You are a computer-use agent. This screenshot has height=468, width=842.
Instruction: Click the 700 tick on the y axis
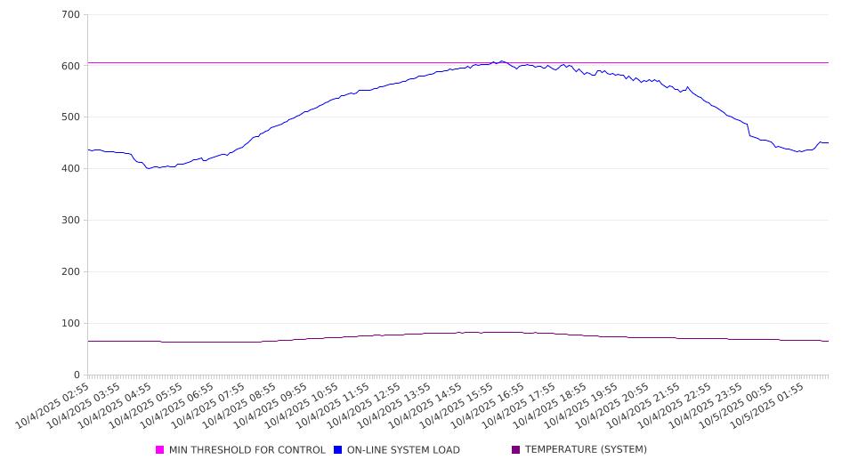pos(70,15)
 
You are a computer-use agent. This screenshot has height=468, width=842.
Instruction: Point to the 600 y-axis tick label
pos(70,66)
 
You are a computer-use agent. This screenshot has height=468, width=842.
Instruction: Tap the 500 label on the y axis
pos(70,117)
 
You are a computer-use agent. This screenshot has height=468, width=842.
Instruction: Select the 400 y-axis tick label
pos(70,169)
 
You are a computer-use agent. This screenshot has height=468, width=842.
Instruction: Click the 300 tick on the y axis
pos(70,221)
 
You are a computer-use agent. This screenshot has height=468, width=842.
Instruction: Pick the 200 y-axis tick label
pos(70,272)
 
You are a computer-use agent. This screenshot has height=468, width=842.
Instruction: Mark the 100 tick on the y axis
pos(70,324)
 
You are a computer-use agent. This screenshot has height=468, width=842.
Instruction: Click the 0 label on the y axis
pos(77,375)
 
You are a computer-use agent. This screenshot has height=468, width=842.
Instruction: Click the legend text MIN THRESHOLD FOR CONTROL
pos(247,450)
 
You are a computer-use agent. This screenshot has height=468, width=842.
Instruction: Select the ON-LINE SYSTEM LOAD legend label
pos(403,450)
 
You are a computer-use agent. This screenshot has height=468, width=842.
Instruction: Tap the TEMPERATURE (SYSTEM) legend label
pos(586,450)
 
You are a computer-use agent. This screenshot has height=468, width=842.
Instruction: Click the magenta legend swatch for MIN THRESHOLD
pos(160,450)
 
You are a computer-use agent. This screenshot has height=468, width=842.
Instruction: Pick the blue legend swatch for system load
pos(338,450)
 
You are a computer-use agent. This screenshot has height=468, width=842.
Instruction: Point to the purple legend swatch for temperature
pos(516,450)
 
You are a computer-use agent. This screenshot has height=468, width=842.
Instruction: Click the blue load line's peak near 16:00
pos(502,61)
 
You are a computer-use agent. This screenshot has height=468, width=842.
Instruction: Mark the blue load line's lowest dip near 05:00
pos(150,168)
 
